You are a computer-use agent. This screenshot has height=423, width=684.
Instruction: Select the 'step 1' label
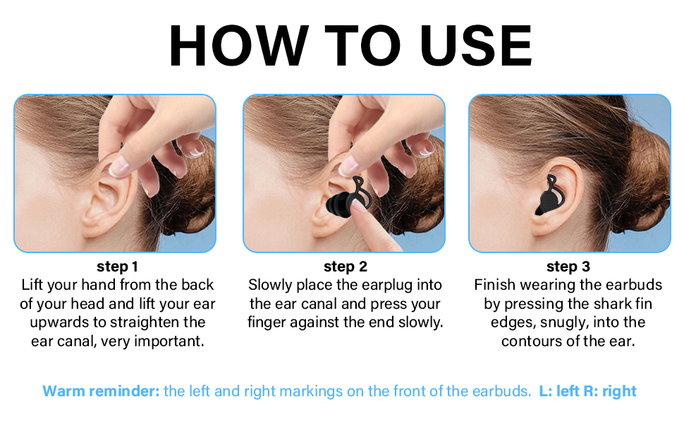117,266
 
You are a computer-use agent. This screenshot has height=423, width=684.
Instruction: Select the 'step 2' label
345,266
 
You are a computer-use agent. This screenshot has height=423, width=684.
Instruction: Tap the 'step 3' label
568,266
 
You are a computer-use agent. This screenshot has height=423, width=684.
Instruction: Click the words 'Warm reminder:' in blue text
101,391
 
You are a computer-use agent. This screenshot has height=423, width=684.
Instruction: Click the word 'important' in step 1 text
173,341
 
